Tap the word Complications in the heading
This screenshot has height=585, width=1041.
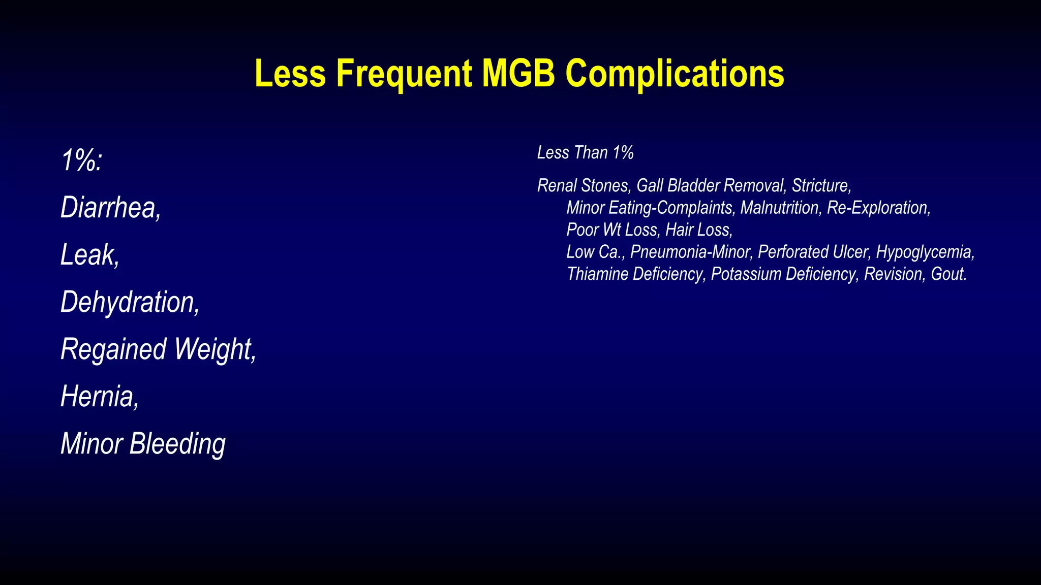click(675, 74)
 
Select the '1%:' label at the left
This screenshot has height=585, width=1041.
click(82, 161)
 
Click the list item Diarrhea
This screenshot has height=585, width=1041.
click(110, 208)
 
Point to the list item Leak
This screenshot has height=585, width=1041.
click(89, 255)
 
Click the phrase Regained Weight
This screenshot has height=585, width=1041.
click(158, 349)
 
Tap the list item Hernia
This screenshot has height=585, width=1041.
click(99, 397)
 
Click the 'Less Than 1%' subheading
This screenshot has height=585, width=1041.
click(585, 153)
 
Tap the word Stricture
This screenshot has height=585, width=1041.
click(820, 186)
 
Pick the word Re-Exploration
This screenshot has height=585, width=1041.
click(878, 208)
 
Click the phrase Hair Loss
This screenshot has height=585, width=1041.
click(698, 230)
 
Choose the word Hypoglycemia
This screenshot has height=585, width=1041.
click(924, 252)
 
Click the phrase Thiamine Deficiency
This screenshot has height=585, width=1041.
click(635, 274)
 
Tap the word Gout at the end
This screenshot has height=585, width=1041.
click(947, 274)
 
